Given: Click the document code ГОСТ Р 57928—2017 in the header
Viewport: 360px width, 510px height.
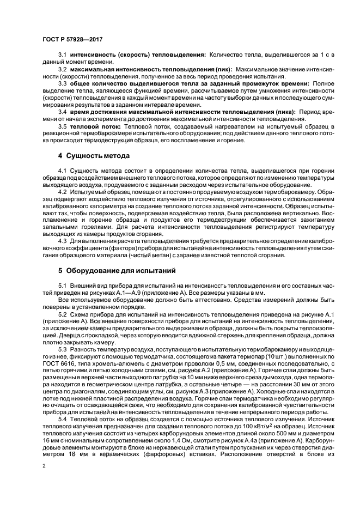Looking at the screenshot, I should point(72,39).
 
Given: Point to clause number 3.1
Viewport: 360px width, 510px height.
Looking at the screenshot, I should point(62,55).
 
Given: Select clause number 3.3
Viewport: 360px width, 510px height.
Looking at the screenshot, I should point(62,83).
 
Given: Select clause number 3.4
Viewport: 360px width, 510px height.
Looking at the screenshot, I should point(62,112).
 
